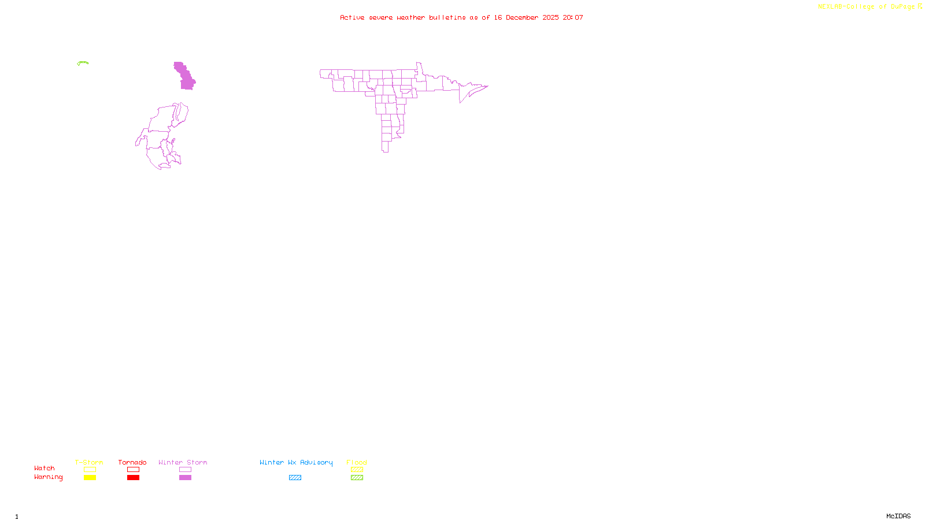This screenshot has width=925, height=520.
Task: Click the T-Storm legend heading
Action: pos(89,462)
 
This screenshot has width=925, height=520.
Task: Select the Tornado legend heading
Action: pos(132,462)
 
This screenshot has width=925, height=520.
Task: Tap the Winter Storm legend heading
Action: pos(183,462)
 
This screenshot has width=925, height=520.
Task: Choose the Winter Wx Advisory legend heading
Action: pos(296,462)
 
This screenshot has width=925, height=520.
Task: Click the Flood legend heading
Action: pos(357,462)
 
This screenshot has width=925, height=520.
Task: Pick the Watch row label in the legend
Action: pos(45,468)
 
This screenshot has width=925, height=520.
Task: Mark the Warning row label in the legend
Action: pos(48,477)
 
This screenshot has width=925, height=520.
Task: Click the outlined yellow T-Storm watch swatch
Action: pos(90,470)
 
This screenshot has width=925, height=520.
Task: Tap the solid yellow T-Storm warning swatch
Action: pos(90,478)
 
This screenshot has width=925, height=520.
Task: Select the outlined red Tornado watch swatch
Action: pos(133,470)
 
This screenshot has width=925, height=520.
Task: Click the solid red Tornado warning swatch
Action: pos(133,478)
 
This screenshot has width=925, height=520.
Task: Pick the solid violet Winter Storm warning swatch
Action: pos(185,478)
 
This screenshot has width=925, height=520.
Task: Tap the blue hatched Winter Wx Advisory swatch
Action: pos(295,478)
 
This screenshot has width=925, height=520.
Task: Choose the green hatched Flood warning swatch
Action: pos(357,478)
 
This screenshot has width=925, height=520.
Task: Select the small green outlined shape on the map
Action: pos(83,62)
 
